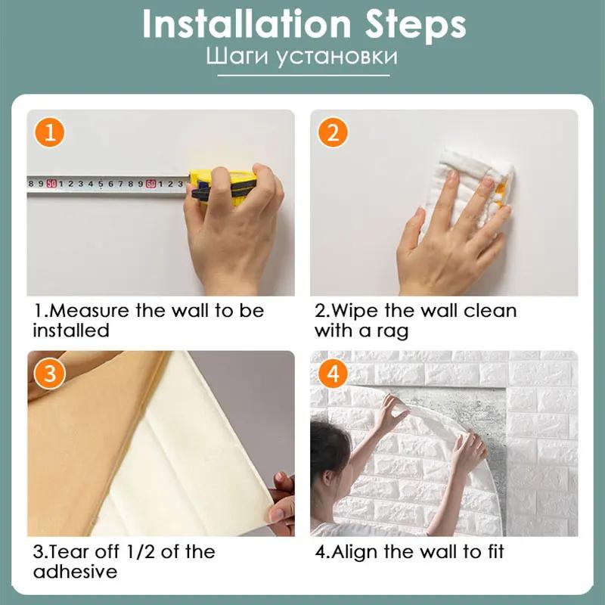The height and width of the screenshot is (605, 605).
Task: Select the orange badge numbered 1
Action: point(49,133)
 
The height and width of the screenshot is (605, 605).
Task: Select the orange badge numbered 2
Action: point(333,133)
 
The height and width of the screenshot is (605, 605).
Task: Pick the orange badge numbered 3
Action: point(49,374)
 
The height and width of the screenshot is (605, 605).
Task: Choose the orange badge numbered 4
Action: point(333,374)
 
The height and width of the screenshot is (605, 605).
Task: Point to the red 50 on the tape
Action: point(51,183)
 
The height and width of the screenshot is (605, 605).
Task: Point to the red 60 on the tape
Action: point(150,183)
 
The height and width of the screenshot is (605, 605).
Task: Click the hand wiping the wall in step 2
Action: point(446,234)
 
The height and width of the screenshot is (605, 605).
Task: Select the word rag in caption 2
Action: point(394,330)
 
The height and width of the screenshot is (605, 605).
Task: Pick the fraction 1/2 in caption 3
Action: point(138,552)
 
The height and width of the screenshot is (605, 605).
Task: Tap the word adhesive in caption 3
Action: point(75,572)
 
